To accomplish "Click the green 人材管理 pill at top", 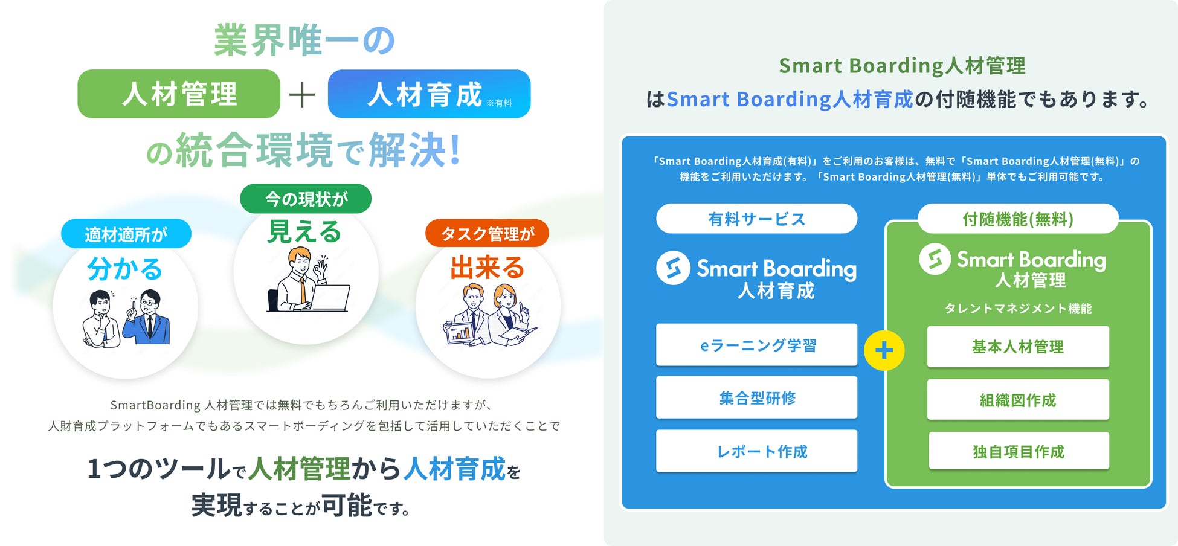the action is coord(179,94).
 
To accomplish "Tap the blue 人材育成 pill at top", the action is coord(429,94).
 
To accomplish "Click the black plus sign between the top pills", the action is coord(302,95).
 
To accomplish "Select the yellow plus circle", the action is coord(884,350).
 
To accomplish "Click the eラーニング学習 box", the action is coord(756,345).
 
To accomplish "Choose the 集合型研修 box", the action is coord(756,397).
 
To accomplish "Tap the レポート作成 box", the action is coord(756,451).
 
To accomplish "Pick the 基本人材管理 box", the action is coord(1018,347).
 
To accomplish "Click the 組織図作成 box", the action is coord(1018,399).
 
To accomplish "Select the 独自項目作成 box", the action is coord(1019,451).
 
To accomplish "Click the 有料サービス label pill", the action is coord(756,219).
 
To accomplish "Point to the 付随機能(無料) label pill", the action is coord(1018,219).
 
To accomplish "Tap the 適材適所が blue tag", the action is coord(126,234).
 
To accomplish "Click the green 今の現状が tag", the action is coord(306,199).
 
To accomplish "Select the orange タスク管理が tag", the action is coord(487,233).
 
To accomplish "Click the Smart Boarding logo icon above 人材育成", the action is coord(673,268).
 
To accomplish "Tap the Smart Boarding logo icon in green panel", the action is coord(935,259).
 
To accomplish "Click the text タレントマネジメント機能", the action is coord(1018,309).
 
